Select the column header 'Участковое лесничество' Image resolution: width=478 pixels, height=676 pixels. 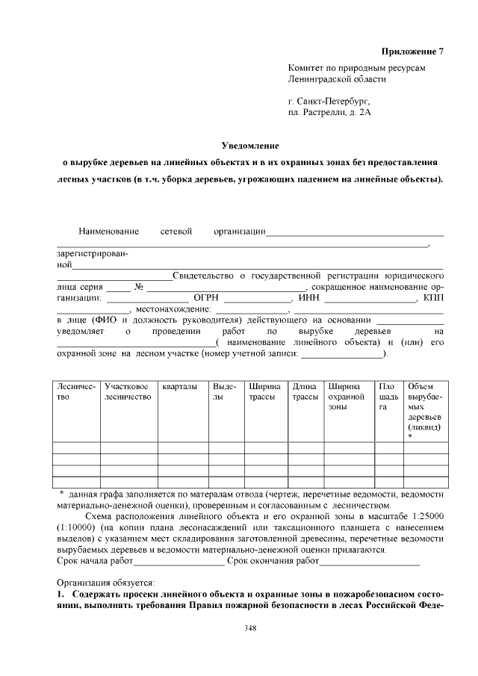pyautogui.click(x=128, y=391)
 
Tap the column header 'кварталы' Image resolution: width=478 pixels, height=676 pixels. pyautogui.click(x=179, y=386)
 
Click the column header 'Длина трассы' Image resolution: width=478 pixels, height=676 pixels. pyautogui.click(x=305, y=391)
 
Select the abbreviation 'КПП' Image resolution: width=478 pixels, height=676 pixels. pyautogui.click(x=433, y=297)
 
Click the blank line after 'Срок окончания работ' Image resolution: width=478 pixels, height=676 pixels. pyautogui.click(x=369, y=560)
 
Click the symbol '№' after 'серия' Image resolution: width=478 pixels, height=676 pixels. pyautogui.click(x=138, y=286)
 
